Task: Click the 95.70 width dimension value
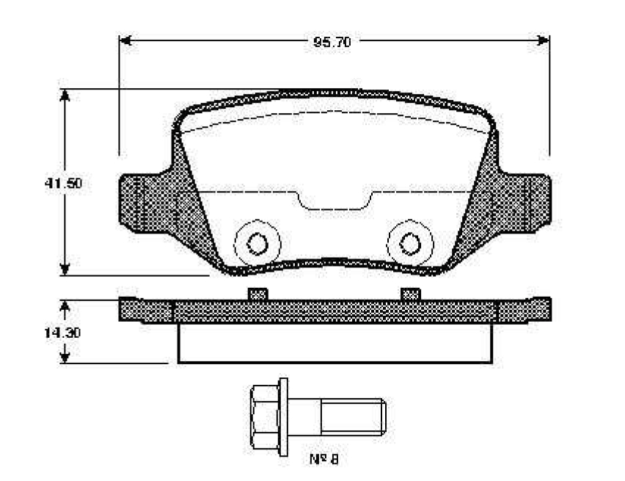point(332,42)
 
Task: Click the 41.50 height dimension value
point(63,183)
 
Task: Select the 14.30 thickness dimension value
point(62,332)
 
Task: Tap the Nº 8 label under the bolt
point(324,459)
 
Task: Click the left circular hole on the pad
point(257,243)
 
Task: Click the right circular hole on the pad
point(410,243)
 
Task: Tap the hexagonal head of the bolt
point(264,416)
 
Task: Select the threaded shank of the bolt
point(353,416)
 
